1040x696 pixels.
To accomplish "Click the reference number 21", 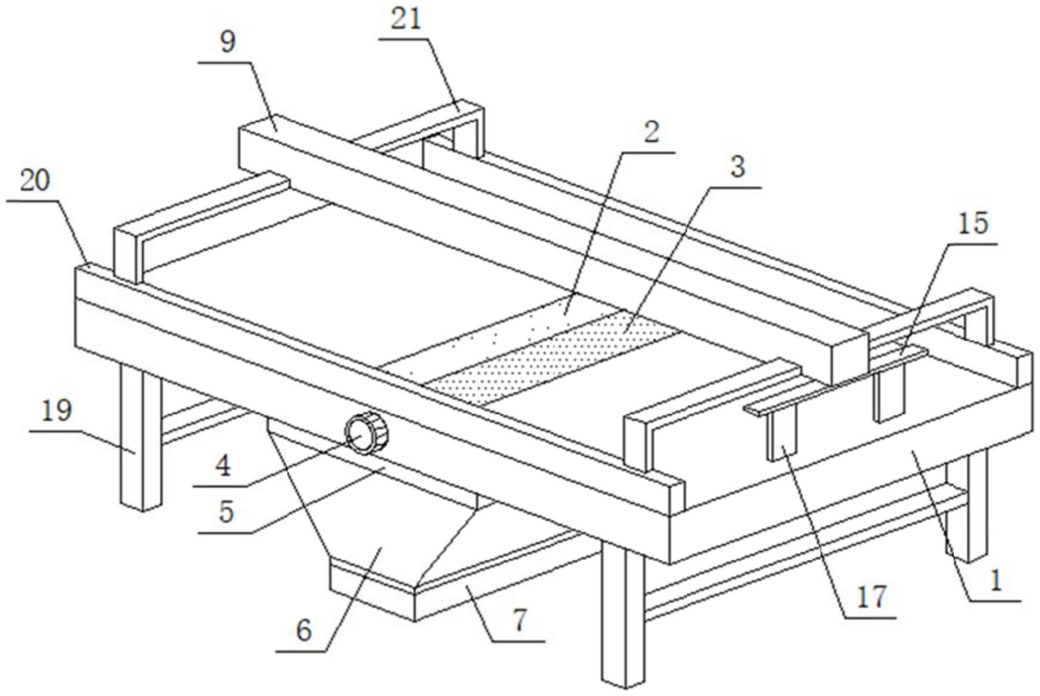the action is [406, 19].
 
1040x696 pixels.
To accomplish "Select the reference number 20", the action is [35, 181].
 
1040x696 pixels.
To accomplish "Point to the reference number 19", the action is [57, 411].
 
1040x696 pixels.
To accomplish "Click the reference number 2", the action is [651, 132].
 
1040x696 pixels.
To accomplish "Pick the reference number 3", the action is [737, 167].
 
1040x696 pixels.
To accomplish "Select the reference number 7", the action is [519, 620].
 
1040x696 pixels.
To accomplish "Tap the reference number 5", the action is [226, 511].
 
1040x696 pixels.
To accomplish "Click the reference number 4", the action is [223, 466].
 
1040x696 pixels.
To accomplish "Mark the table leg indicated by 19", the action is [140, 441].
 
